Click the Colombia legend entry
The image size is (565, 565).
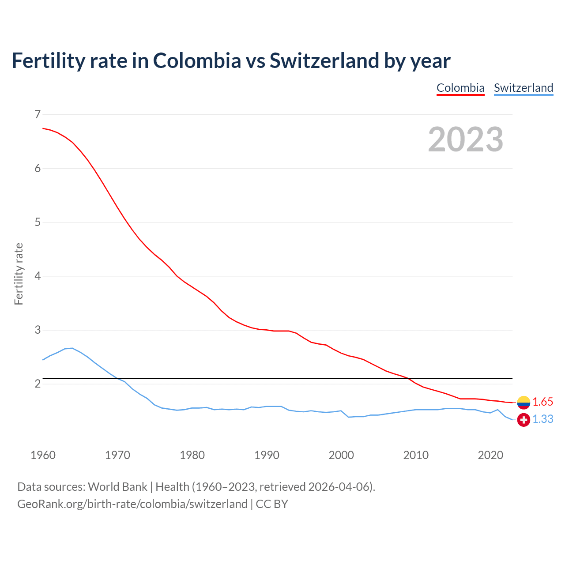click(460, 88)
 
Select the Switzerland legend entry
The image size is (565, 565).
click(523, 88)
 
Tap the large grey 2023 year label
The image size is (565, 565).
click(466, 139)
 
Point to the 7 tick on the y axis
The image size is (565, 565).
click(38, 114)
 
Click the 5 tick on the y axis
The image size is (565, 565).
click(38, 222)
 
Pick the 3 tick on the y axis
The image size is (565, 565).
click(38, 330)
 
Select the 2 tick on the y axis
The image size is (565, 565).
click(38, 384)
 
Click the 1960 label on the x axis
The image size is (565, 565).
click(43, 455)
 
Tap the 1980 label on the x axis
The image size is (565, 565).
click(192, 455)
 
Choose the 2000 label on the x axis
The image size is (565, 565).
click(341, 455)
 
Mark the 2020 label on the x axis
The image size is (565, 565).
click(490, 455)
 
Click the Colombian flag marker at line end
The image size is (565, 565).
click(524, 402)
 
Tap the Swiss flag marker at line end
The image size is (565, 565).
click(524, 420)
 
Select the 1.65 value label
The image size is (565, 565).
click(542, 402)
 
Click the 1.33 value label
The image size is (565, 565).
click(542, 419)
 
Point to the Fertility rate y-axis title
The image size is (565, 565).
click(19, 274)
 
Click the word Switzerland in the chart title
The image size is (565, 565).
click(324, 60)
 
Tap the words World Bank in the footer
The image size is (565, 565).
click(117, 487)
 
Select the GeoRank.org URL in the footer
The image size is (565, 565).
click(132, 504)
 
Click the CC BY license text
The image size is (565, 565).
click(272, 504)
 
